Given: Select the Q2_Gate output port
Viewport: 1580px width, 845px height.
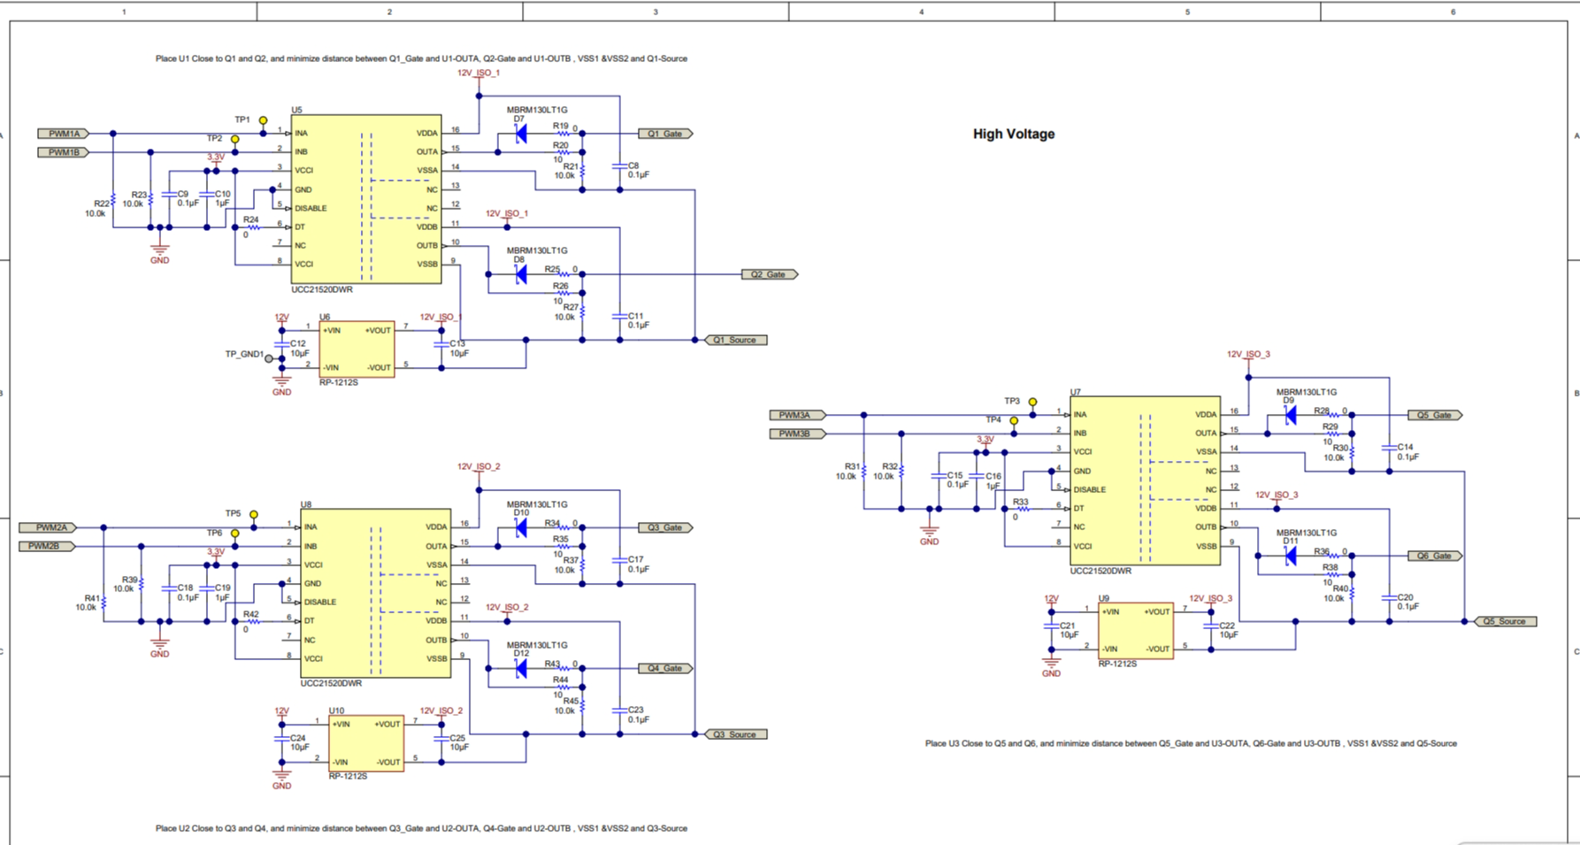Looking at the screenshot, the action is tap(770, 274).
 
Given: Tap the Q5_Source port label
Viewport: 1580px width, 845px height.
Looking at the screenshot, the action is tap(1506, 621).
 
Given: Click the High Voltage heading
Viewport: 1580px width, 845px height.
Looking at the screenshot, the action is tap(1014, 134).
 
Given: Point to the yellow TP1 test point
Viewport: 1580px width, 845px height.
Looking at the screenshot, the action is tap(263, 120).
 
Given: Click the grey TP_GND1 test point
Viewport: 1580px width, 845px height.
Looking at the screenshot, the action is tap(269, 358).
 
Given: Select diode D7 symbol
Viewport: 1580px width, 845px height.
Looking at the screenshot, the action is tap(521, 134).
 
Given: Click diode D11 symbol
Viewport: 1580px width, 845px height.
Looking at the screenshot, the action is tap(1291, 556).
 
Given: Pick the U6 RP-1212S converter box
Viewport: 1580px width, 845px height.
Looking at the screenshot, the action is tap(357, 349).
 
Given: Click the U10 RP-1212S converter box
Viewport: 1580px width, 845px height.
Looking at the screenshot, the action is tap(366, 743).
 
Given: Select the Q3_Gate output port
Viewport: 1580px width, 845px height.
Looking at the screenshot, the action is tap(665, 527).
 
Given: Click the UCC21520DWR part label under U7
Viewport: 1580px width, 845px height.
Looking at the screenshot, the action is tap(1101, 572).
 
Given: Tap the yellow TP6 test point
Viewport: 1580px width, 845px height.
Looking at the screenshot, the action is tap(234, 534).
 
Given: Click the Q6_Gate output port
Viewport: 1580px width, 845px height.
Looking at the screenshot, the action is tap(1435, 556).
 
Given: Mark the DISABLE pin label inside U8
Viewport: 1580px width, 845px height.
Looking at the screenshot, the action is tap(320, 602).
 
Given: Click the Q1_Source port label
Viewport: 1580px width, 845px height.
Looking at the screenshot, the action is tap(736, 340).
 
